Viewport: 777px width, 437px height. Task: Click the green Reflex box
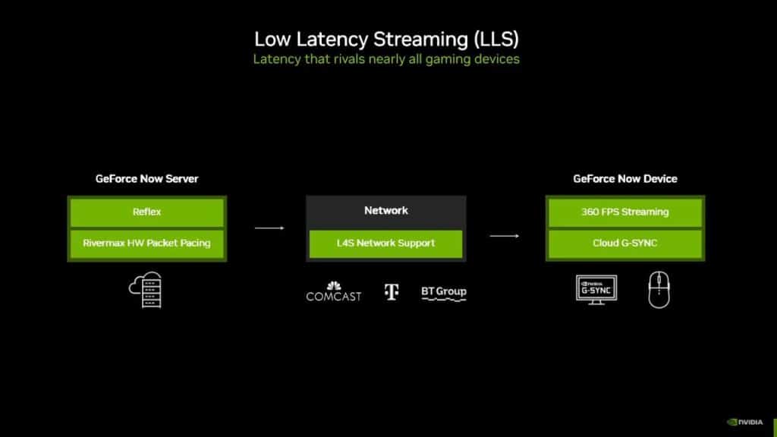[x=146, y=212]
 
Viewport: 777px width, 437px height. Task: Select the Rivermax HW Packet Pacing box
[x=146, y=244]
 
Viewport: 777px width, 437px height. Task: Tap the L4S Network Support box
[x=385, y=244]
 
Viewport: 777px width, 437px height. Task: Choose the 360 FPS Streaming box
[x=625, y=212]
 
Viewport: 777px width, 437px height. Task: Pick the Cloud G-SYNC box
[x=625, y=244]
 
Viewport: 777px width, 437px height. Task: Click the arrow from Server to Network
[x=269, y=227]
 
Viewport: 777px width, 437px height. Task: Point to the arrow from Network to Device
[x=504, y=236]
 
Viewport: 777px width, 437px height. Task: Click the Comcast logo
[x=334, y=292]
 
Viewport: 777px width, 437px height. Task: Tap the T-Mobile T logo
[x=392, y=292]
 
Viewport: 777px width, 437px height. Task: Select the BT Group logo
[x=444, y=292]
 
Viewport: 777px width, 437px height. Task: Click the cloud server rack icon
[x=146, y=291]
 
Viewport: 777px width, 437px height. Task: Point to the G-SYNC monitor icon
[x=596, y=290]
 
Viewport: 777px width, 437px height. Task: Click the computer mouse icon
[x=659, y=291]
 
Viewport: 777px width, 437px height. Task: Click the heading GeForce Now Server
[x=146, y=179]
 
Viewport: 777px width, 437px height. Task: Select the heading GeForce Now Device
[x=625, y=179]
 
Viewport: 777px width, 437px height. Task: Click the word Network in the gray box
[x=385, y=210]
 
